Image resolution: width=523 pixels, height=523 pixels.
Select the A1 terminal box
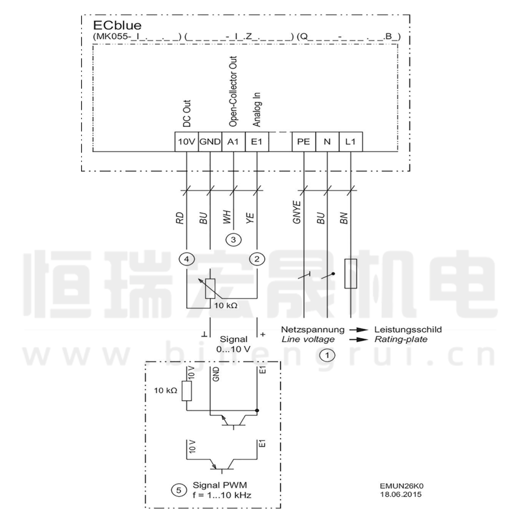tap(233, 141)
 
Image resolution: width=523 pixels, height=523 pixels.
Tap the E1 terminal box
tap(256, 141)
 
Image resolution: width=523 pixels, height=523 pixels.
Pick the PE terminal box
tap(303, 141)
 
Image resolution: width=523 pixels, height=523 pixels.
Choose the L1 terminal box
tap(350, 141)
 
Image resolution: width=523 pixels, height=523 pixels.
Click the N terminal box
tap(326, 141)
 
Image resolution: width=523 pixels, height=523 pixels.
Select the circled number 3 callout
tap(233, 240)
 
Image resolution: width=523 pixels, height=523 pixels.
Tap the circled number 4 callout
tap(188, 259)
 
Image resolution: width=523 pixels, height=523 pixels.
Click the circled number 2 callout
tap(258, 259)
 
